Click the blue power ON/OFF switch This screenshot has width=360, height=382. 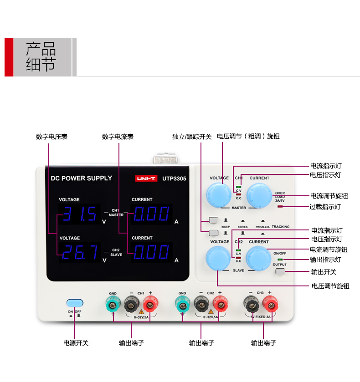pyautogui.click(x=75, y=303)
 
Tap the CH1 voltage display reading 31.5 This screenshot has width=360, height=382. pyautogui.click(x=79, y=214)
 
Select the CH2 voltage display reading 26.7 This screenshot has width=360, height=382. pyautogui.click(x=79, y=252)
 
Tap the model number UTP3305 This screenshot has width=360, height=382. pyautogui.click(x=174, y=179)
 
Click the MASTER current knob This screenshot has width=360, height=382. pyautogui.click(x=259, y=195)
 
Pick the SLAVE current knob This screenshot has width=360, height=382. pyautogui.click(x=258, y=258)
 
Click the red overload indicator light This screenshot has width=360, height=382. pyautogui.click(x=280, y=207)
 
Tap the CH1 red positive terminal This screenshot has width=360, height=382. pyautogui.click(x=150, y=302)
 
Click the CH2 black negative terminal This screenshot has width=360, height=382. pyautogui.click(x=201, y=302)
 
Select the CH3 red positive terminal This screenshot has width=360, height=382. pyautogui.click(x=270, y=302)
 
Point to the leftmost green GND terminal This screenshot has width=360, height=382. pyautogui.click(x=113, y=302)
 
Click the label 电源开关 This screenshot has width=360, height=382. pyautogui.click(x=76, y=343)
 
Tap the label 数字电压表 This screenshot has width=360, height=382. pyautogui.click(x=52, y=137)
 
